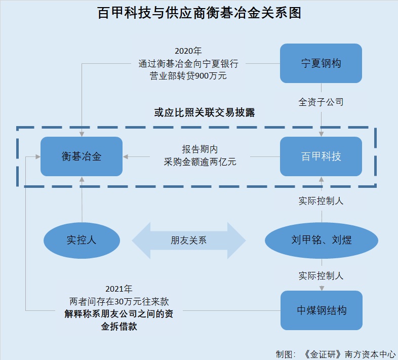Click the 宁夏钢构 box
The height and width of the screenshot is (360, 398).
coord(321,63)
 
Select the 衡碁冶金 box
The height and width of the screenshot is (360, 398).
coord(82,156)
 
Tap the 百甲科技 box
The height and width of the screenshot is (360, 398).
coord(321,156)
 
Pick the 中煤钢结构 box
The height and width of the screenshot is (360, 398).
coord(322,310)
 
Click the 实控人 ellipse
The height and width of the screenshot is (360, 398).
coord(82,239)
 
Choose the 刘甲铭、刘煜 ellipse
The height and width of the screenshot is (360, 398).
coord(322,239)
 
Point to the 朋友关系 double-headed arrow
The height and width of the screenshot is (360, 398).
coord(188,241)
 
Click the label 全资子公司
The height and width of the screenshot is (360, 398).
coord(321,102)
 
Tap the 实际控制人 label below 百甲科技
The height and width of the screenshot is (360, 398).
coord(321,201)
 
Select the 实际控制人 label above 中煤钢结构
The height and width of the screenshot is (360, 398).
coord(321,275)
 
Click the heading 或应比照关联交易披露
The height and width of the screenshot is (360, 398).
coord(205,113)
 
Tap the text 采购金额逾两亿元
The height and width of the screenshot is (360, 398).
coord(200,162)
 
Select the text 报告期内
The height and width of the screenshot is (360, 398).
coord(200,150)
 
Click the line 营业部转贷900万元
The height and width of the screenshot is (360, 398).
coord(188,76)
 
